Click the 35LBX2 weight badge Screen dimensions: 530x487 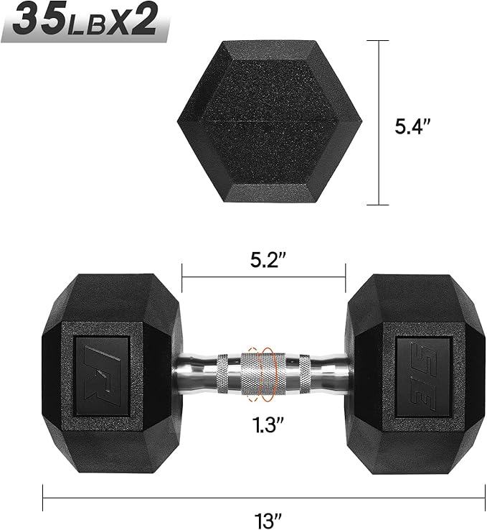[85, 22]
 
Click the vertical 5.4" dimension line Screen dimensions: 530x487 [377, 123]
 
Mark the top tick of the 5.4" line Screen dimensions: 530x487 [377, 41]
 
